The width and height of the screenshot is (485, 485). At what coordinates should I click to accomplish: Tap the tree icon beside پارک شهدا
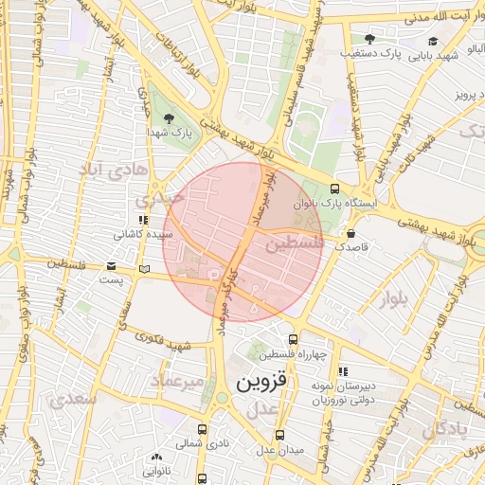pyautogui.click(x=169, y=118)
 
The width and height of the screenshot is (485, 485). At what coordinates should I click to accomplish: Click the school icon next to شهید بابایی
pyautogui.click(x=433, y=41)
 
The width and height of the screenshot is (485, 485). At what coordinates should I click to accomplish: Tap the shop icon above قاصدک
pyautogui.click(x=351, y=233)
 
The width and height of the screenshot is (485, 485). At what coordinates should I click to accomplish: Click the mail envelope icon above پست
pyautogui.click(x=113, y=267)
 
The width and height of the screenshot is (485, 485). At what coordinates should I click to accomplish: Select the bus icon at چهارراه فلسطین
pyautogui.click(x=292, y=339)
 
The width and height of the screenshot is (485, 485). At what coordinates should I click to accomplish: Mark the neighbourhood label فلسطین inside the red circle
pyautogui.click(x=294, y=244)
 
